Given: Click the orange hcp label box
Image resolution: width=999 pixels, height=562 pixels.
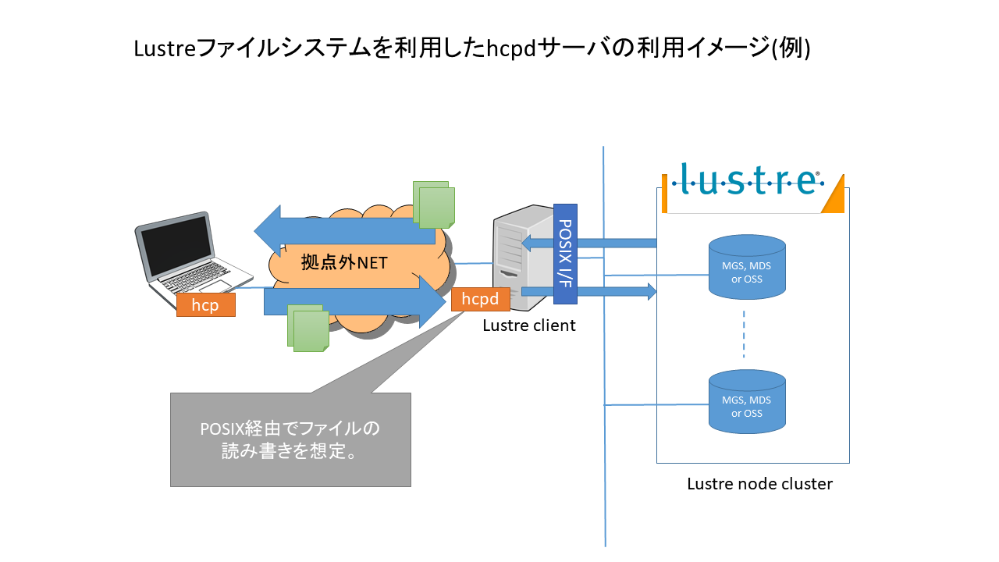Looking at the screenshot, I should (x=205, y=304).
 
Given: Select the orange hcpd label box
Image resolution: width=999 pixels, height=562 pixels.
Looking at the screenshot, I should (x=480, y=299).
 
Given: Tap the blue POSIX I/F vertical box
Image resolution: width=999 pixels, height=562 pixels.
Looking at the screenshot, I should (x=565, y=254).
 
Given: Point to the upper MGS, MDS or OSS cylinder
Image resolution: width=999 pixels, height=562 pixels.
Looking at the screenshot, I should (x=747, y=266).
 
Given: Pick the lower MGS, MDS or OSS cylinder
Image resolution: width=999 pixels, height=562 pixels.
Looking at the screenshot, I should (x=747, y=401).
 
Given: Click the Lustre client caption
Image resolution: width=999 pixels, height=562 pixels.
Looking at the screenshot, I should (x=529, y=325).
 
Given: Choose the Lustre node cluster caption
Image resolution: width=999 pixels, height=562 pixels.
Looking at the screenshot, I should (x=759, y=484).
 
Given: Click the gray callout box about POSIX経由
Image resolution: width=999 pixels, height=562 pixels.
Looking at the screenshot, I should (x=290, y=440).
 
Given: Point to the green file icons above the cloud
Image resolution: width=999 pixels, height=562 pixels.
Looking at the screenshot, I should (x=434, y=204).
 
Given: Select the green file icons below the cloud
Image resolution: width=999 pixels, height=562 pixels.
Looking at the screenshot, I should (x=308, y=328).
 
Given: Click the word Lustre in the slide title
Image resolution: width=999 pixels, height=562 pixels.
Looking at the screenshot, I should (x=165, y=48).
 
